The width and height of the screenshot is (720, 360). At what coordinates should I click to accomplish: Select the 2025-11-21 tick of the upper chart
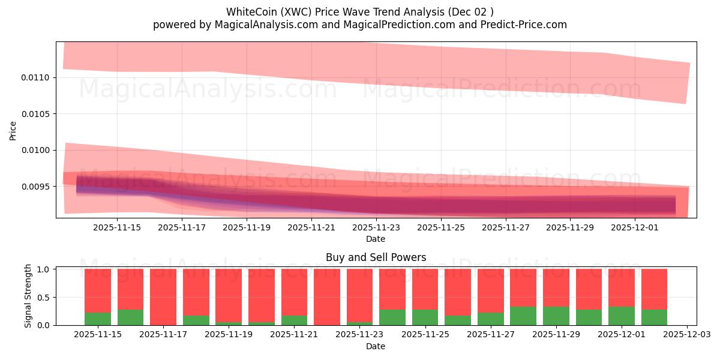[x=311, y=227]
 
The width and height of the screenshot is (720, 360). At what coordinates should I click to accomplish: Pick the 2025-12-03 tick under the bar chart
[x=686, y=335]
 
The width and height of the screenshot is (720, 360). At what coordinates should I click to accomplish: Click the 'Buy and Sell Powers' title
[x=376, y=257]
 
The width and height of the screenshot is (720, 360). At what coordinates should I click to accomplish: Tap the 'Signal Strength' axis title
[x=28, y=296]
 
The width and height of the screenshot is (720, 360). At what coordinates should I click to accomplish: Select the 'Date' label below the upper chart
[x=376, y=239]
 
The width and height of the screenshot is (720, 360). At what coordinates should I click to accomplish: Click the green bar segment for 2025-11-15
[x=98, y=319]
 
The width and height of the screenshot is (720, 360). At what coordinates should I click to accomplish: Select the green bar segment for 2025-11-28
[x=523, y=316]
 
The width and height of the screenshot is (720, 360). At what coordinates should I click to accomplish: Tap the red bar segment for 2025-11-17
[x=163, y=296]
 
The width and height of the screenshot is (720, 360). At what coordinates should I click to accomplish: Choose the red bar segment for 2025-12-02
[x=654, y=289]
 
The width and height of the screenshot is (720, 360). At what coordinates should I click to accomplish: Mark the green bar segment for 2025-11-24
[x=392, y=317]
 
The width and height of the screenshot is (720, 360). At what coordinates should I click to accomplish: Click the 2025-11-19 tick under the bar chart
[x=229, y=335]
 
